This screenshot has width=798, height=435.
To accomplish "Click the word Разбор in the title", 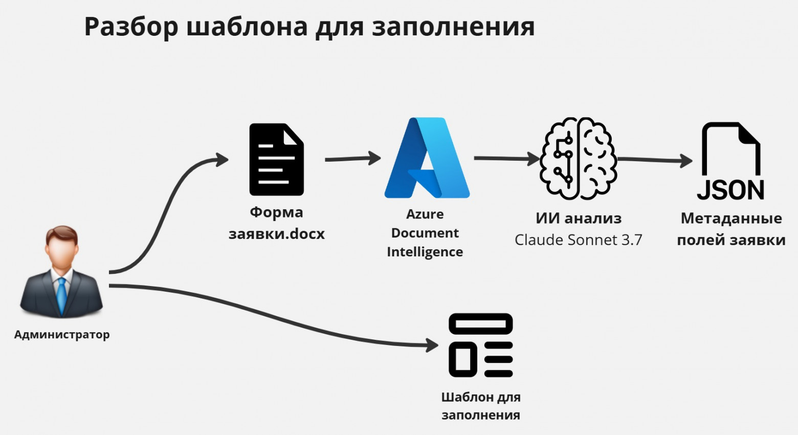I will coord(131,27).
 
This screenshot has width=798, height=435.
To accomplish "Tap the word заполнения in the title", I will coord(453,27).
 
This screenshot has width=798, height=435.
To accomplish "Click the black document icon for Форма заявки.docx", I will coord(276,159).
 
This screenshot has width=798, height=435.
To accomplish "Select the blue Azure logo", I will coord(427,158).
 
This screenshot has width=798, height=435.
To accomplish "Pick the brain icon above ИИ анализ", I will coord(579,158).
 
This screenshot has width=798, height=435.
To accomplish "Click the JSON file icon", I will coord(730,161).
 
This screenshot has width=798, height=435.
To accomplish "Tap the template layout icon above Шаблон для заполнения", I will coord(480,345).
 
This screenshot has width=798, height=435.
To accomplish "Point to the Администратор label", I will coord(62,335).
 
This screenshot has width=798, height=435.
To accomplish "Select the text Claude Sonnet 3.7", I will coord(578,240).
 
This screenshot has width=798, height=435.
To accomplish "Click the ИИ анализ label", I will coord(579,219).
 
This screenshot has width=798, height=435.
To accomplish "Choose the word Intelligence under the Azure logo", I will coord(425,252).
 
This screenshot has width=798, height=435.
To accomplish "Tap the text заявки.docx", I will coord(276,234).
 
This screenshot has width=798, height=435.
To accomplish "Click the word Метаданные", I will coord(731,219).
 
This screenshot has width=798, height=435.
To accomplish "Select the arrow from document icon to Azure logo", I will coord(352,159).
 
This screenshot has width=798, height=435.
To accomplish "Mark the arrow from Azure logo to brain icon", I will coord(506,159).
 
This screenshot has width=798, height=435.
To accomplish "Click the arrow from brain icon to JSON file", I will coord(655,160).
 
